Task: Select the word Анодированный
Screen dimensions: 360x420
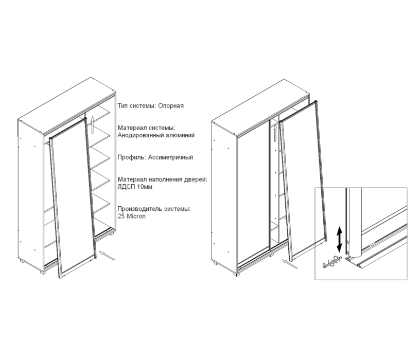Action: tap(138, 135)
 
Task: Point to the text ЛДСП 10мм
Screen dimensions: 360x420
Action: tap(134, 187)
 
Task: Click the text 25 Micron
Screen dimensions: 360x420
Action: tap(132, 217)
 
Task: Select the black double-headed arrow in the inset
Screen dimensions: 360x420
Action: tap(338, 240)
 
